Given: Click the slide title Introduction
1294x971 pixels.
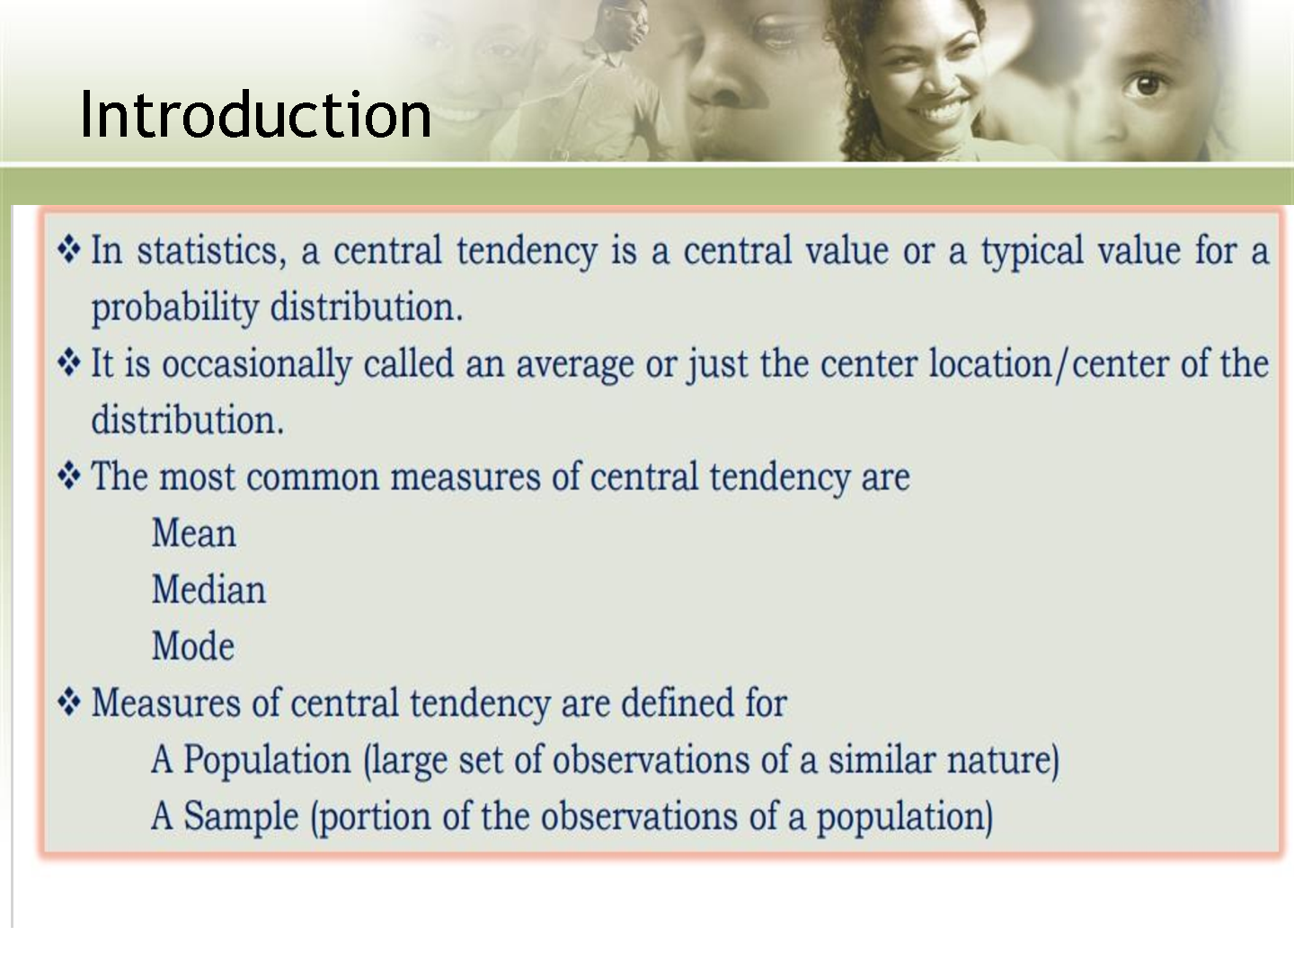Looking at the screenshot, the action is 255,114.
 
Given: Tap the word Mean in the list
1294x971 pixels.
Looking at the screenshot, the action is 194,533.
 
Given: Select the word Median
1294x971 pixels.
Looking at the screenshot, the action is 208,589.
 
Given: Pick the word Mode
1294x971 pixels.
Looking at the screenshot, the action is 193,646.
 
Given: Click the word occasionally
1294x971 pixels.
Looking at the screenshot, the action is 257,364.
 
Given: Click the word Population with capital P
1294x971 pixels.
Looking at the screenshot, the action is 267,760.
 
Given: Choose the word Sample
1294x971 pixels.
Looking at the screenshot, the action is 241,816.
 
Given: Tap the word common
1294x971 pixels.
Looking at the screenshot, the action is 313,477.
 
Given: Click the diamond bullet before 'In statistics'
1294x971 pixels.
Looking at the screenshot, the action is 69,249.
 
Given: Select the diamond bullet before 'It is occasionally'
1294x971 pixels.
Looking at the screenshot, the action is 69,362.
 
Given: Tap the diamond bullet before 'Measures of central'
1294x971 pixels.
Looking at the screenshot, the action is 69,701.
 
